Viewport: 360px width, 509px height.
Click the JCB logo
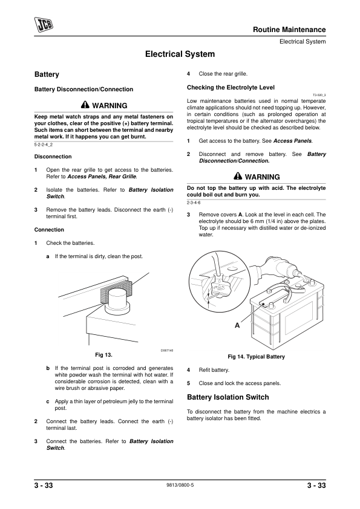(44, 24)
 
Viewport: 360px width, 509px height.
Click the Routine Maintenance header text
(289, 30)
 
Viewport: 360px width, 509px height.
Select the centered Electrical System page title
(180, 54)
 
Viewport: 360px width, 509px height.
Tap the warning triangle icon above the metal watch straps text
(85, 105)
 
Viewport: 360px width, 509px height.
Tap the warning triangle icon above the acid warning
(238, 177)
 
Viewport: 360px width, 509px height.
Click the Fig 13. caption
(103, 355)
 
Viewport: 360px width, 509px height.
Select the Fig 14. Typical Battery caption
(256, 357)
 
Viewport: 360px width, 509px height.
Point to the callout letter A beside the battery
(237, 325)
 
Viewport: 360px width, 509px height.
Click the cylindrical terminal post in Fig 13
(118, 299)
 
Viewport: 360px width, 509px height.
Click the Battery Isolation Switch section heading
(228, 397)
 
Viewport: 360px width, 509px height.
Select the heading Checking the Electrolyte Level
(231, 87)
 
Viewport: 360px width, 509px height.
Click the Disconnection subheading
(53, 157)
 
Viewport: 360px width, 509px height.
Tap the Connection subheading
(49, 230)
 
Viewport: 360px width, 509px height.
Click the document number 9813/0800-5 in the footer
(180, 485)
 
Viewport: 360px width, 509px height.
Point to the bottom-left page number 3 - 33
(44, 485)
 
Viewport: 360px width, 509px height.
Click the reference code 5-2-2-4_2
(43, 144)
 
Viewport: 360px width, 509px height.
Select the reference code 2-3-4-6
(194, 203)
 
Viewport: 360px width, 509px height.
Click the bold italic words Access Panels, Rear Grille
(102, 177)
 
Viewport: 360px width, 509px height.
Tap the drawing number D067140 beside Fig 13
(167, 350)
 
